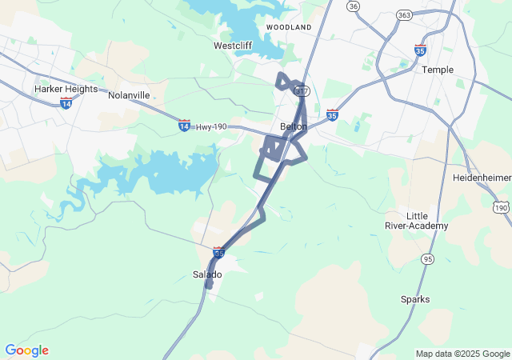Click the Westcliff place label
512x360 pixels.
(233, 46)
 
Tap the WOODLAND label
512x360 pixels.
(289, 27)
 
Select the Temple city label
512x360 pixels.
(438, 70)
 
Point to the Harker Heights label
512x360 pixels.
(66, 89)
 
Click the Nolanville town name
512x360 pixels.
(129, 95)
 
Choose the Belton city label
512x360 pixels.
(294, 126)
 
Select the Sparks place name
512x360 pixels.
(415, 299)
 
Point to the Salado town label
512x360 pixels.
(207, 274)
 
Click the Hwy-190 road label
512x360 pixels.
(212, 126)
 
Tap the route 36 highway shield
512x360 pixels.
(353, 6)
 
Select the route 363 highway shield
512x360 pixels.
(404, 16)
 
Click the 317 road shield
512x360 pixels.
(302, 91)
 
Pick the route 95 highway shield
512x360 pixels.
(427, 258)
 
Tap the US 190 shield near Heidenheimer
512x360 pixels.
(501, 207)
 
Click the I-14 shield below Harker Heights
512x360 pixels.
(66, 104)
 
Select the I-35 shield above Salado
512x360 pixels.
(218, 251)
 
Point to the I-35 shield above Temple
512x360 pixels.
(419, 50)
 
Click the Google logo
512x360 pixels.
(26, 350)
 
